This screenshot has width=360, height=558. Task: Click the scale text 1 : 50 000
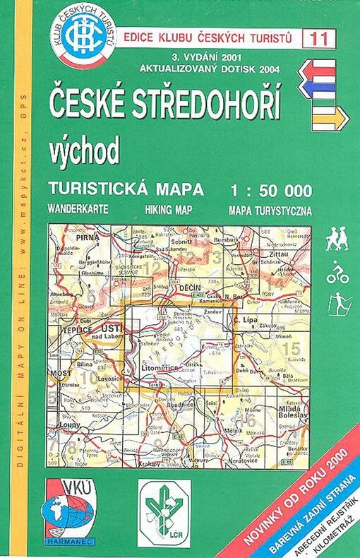tap(270, 190)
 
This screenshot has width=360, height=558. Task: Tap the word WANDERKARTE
tap(78, 210)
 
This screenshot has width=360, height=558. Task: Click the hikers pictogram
tap(337, 239)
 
